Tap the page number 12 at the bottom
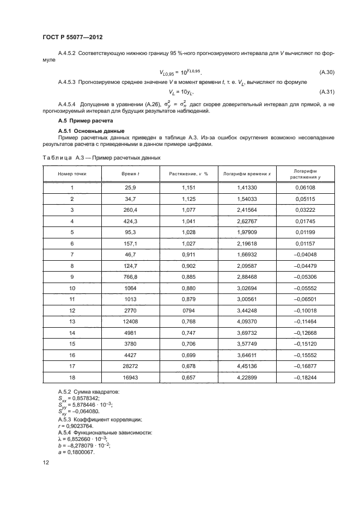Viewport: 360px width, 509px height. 45,463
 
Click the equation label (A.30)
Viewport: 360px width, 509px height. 326,72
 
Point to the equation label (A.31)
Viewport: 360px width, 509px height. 326,91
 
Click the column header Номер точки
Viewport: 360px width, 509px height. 72,174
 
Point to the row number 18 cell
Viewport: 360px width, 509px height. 72,378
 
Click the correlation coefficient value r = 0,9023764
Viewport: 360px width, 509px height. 77,425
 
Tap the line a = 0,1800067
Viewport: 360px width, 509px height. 76,451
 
